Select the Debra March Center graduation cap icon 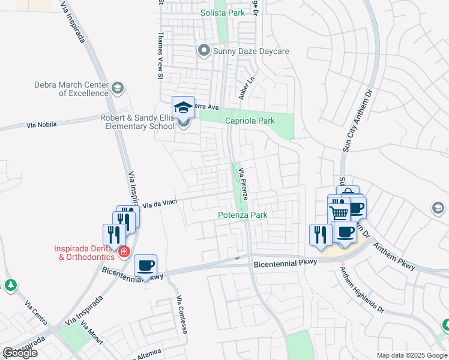click(x=118, y=89)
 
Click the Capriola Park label click(x=250, y=121)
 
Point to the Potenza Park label click(x=242, y=214)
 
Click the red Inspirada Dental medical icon click(x=124, y=251)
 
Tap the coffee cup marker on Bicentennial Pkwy click(x=146, y=266)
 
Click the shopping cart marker click(x=339, y=213)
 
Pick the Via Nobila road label click(x=42, y=125)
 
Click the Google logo click(x=20, y=353)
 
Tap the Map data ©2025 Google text click(x=411, y=355)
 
